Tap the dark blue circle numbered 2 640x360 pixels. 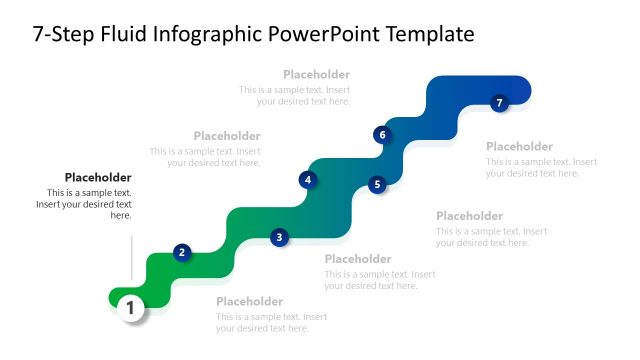coord(182,252)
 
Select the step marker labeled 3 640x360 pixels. coord(280,237)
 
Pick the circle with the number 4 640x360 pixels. coord(308,180)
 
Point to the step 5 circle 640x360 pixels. coord(377,184)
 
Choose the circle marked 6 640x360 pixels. coord(381,134)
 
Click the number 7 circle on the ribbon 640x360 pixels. coord(500,102)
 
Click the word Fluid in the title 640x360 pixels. coord(125,35)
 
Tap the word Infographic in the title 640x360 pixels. coord(209,35)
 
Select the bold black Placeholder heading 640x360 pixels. coord(98,178)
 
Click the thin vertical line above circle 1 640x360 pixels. coord(131,258)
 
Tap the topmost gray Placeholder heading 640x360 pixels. coord(316,74)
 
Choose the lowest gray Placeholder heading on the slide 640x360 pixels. coord(250,302)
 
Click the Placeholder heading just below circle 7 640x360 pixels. coord(519,146)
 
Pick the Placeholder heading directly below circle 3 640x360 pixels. coord(358,259)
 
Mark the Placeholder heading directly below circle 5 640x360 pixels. coord(469,216)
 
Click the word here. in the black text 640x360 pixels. coord(120,215)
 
